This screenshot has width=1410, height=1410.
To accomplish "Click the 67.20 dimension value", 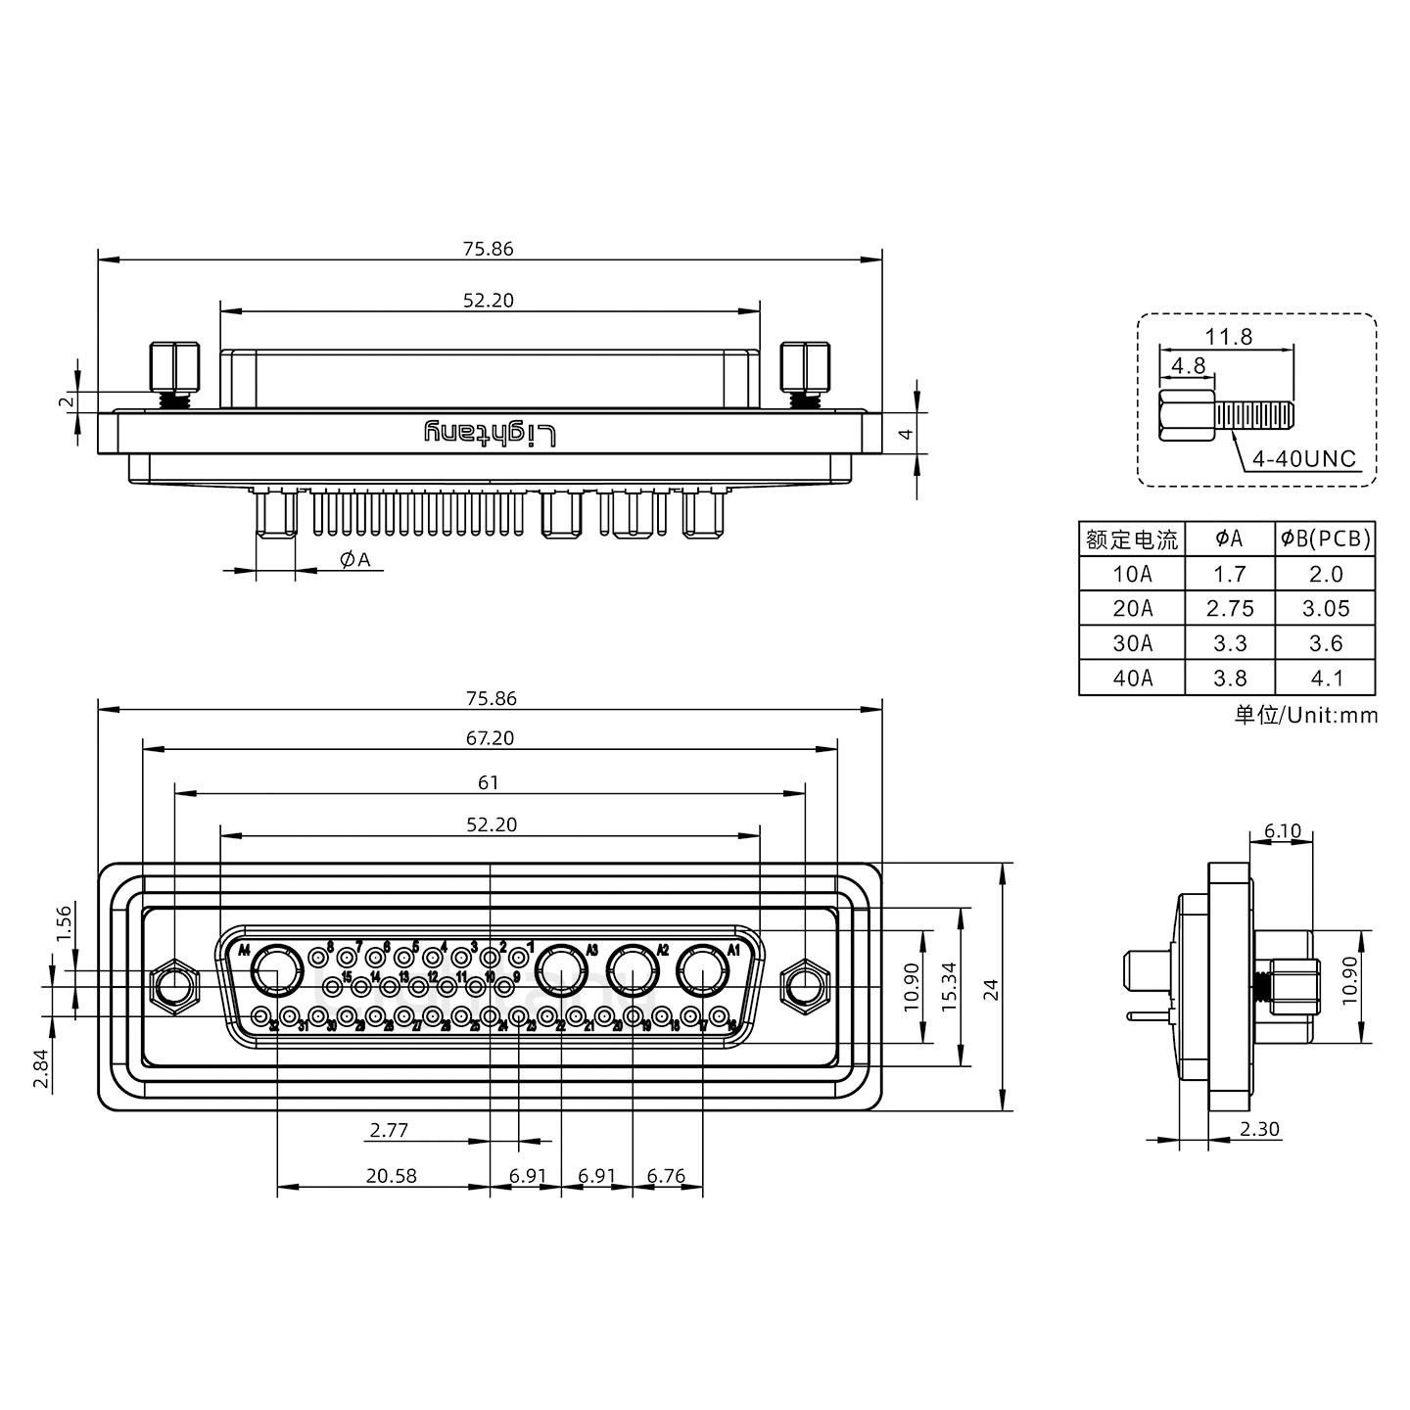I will point(490,738).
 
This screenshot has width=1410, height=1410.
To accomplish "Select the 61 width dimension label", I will point(489,782).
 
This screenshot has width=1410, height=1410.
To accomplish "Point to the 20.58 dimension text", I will point(391,1176).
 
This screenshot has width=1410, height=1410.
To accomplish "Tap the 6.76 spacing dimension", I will point(667,1176).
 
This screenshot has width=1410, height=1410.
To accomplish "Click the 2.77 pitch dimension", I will point(389,1131).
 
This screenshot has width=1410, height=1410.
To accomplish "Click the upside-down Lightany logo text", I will point(490,433).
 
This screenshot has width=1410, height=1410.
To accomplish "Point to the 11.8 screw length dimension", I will point(1228,337).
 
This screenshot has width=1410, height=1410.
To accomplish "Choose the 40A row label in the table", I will point(1132,678).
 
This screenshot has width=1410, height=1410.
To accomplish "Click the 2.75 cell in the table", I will point(1230,609).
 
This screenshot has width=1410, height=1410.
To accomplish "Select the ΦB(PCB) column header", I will point(1325,539).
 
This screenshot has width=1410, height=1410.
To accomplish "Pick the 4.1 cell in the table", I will point(1325,678).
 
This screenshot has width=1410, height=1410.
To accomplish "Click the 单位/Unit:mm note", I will point(1305,715).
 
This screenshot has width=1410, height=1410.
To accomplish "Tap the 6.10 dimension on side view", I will point(1282,831).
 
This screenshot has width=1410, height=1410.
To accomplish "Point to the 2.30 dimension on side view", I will point(1259,1129).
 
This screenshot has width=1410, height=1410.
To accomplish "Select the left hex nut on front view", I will point(173,985).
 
